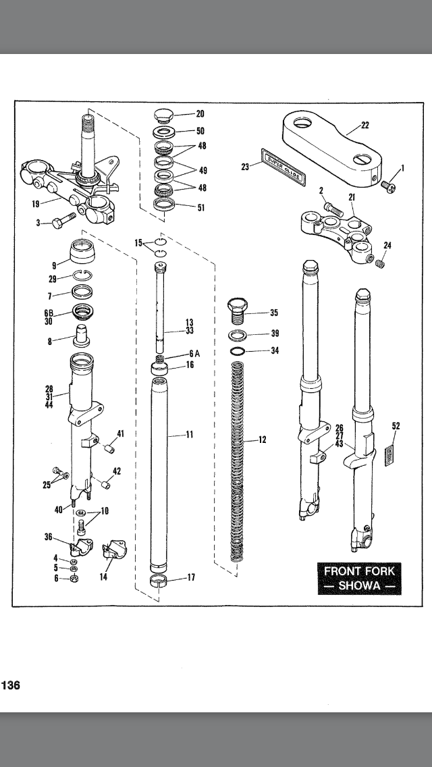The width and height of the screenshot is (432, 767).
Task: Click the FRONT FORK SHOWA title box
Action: point(359,577)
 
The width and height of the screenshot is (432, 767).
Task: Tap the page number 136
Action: point(10,685)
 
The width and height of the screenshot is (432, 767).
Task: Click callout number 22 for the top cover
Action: point(364,126)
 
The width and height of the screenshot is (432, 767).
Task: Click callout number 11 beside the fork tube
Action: point(190,435)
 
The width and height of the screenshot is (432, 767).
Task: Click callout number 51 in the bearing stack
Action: point(200,208)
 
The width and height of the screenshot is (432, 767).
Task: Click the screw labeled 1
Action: point(389,184)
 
